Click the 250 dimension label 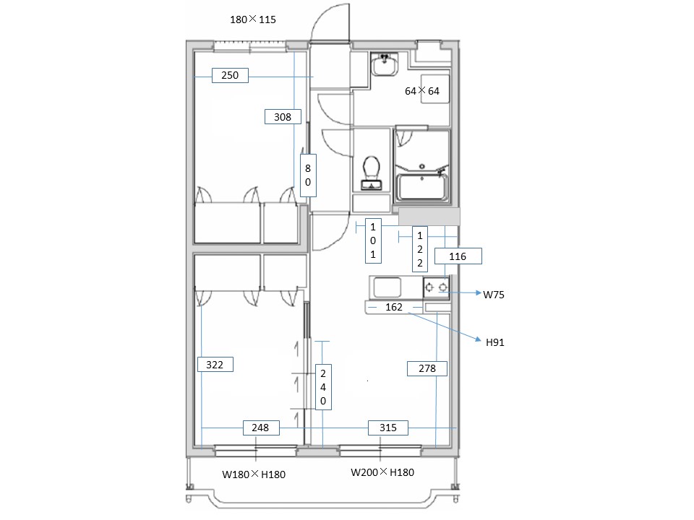230,76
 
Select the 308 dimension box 283,117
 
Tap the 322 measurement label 215,364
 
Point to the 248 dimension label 261,428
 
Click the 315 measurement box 388,428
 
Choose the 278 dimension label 427,368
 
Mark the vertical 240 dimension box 323,387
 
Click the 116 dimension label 458,256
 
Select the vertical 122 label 420,249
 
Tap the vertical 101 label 373,240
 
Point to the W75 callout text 494,295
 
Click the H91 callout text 494,342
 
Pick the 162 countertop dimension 394,307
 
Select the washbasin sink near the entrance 385,64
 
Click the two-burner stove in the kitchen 437,287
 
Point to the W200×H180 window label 382,472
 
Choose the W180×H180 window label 254,474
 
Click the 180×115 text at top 253,19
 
